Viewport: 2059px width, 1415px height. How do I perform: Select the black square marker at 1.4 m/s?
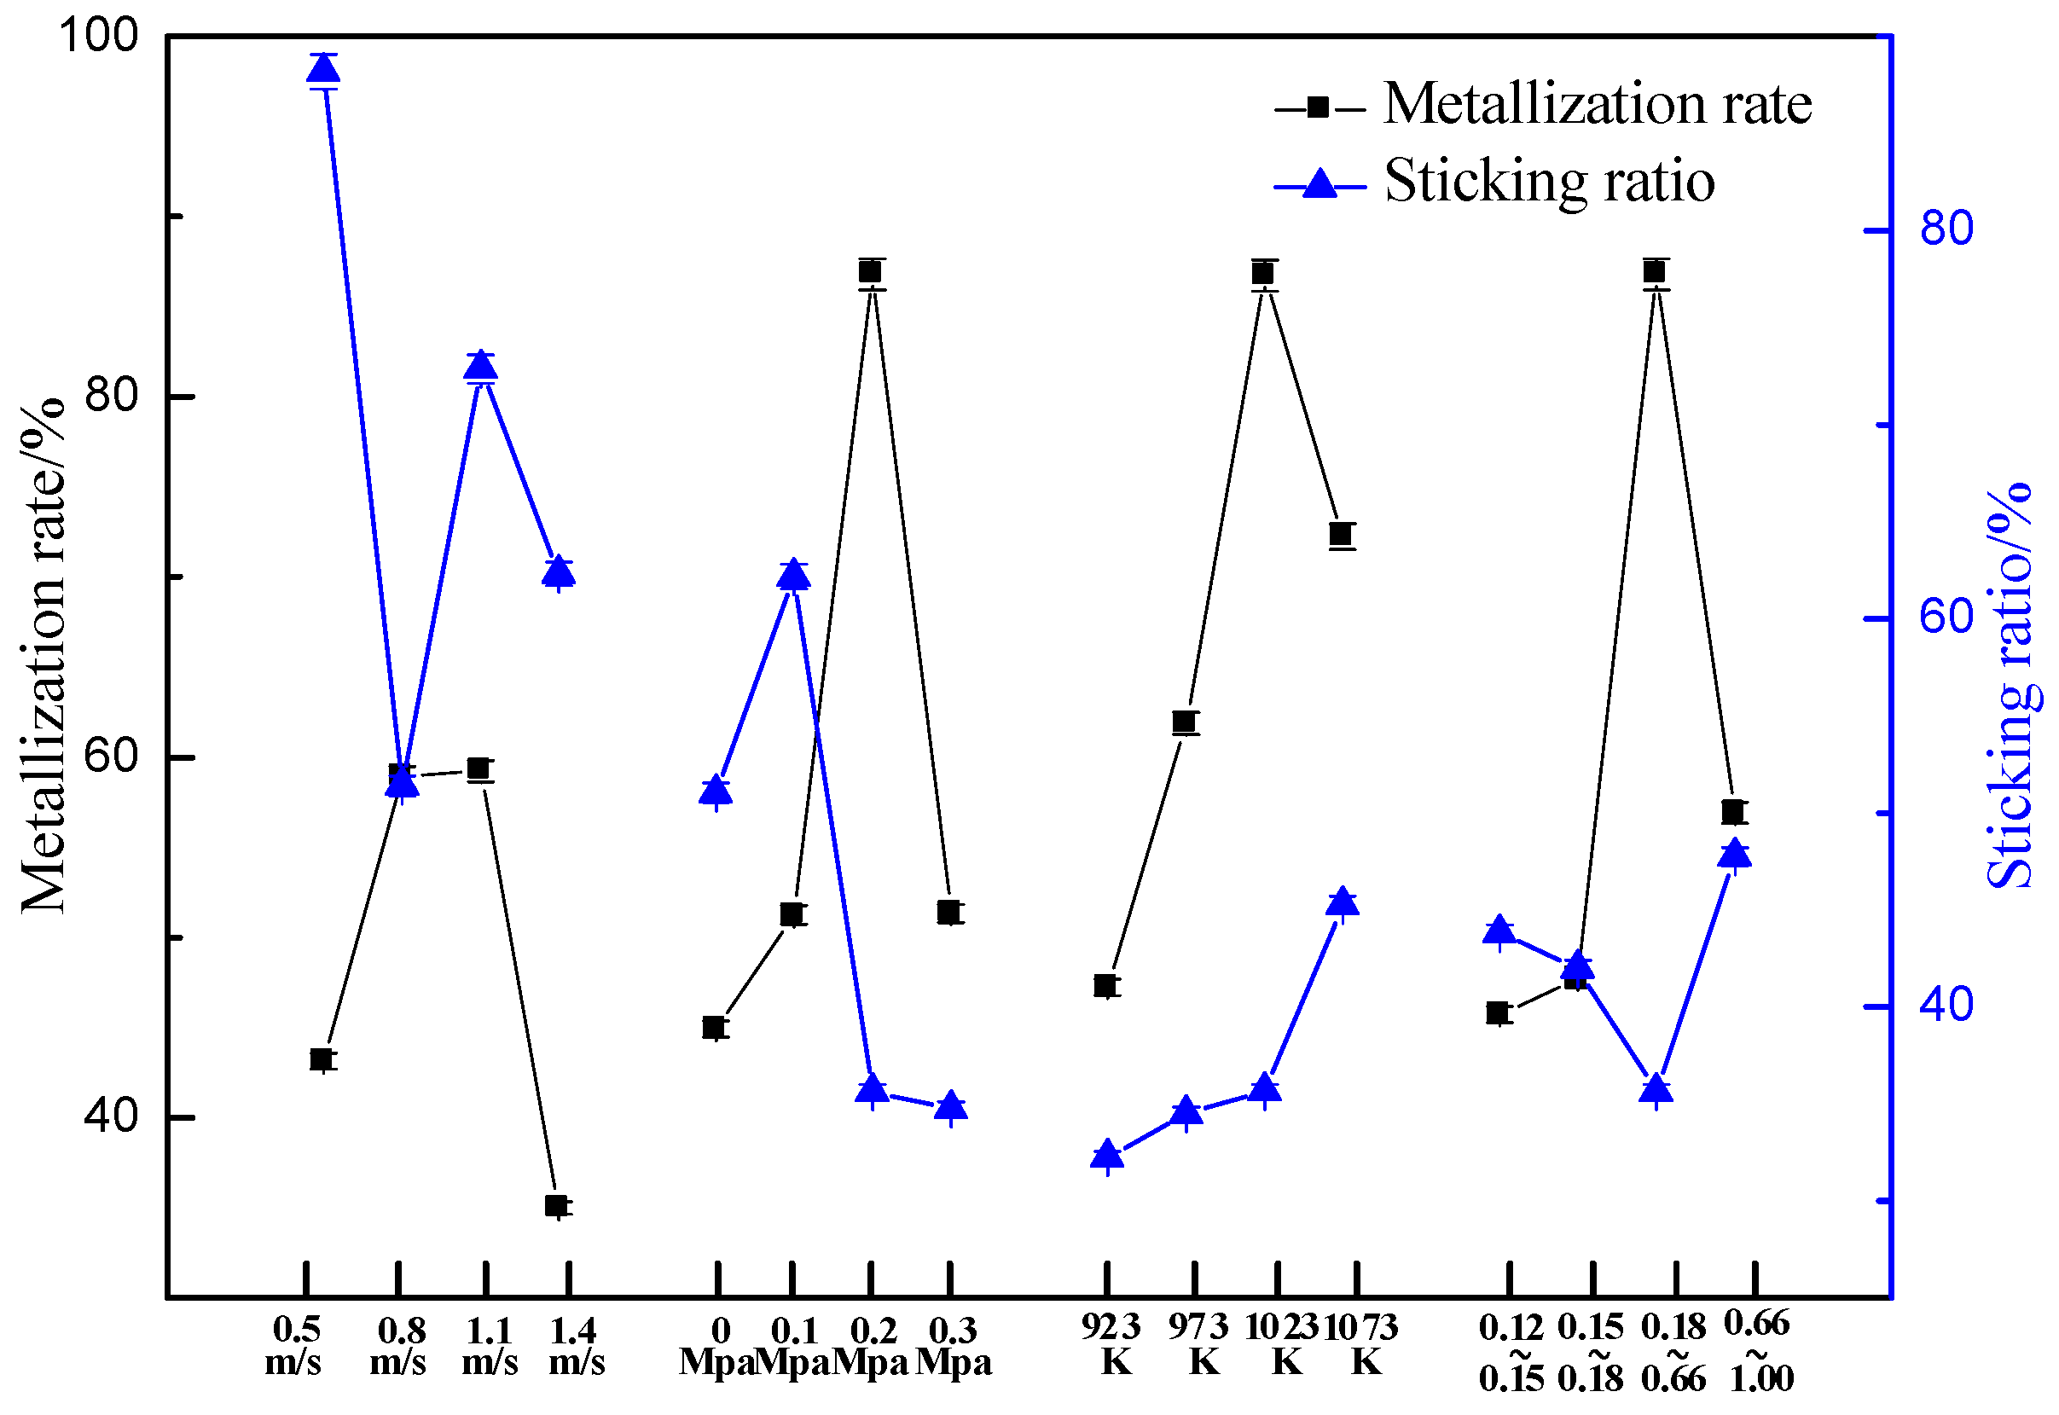pyautogui.click(x=557, y=1206)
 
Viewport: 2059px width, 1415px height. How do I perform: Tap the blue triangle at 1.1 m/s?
pyautogui.click(x=480, y=367)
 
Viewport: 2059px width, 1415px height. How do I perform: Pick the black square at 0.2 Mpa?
pyautogui.click(x=870, y=271)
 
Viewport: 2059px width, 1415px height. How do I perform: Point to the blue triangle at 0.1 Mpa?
pyautogui.click(x=793, y=577)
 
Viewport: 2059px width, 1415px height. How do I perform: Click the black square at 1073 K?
pyautogui.click(x=1341, y=535)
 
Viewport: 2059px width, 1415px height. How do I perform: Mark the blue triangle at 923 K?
pyautogui.click(x=1108, y=1155)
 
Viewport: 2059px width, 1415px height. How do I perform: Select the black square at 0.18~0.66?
pyautogui.click(x=1654, y=271)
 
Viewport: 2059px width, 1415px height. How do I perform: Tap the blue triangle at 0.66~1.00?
pyautogui.click(x=1735, y=854)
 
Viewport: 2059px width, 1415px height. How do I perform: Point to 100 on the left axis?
pyautogui.click(x=98, y=37)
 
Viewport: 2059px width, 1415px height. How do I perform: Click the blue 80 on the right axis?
pyautogui.click(x=1947, y=229)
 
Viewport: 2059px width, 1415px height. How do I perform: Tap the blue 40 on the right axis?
pyautogui.click(x=1947, y=1006)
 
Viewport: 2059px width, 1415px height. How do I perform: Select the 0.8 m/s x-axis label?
pyautogui.click(x=400, y=1346)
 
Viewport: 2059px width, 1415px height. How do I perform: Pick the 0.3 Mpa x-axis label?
pyautogui.click(x=953, y=1346)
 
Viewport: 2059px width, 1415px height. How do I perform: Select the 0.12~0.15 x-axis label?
pyautogui.click(x=1511, y=1353)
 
